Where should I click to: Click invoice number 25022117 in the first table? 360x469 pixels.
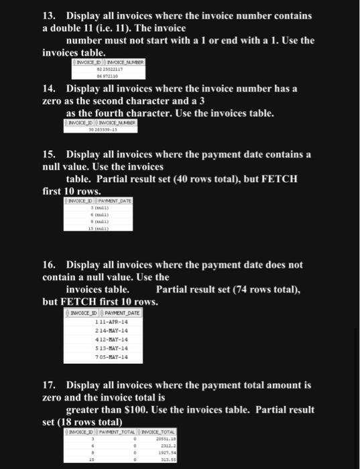112,69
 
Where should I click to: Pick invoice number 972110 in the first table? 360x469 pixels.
111,76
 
